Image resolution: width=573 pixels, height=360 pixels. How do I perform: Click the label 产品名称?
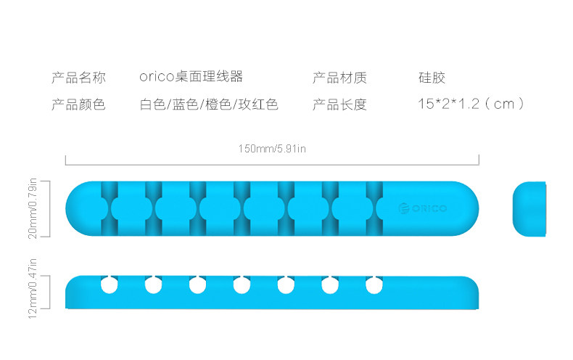(x=78, y=77)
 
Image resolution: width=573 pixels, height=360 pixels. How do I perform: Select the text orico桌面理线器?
(x=191, y=77)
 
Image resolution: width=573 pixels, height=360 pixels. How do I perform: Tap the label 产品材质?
(x=339, y=77)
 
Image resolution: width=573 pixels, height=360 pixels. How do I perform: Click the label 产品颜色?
(x=78, y=105)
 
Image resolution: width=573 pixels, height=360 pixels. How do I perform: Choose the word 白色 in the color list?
(x=152, y=105)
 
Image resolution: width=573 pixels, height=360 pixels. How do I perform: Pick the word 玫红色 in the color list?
(x=259, y=105)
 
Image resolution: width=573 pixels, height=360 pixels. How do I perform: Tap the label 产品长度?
(x=339, y=105)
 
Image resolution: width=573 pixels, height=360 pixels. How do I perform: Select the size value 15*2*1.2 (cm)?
(x=470, y=105)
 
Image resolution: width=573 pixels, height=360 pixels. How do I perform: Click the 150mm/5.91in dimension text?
(x=272, y=150)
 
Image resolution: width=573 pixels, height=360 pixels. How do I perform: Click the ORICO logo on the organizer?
(x=423, y=209)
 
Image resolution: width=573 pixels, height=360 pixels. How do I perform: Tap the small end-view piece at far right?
(x=529, y=209)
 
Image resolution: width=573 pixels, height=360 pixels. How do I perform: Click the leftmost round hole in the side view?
(x=109, y=285)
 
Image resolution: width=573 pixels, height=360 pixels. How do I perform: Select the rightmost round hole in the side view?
(x=374, y=285)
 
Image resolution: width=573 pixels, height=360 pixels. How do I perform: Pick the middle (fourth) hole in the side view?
(x=242, y=285)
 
